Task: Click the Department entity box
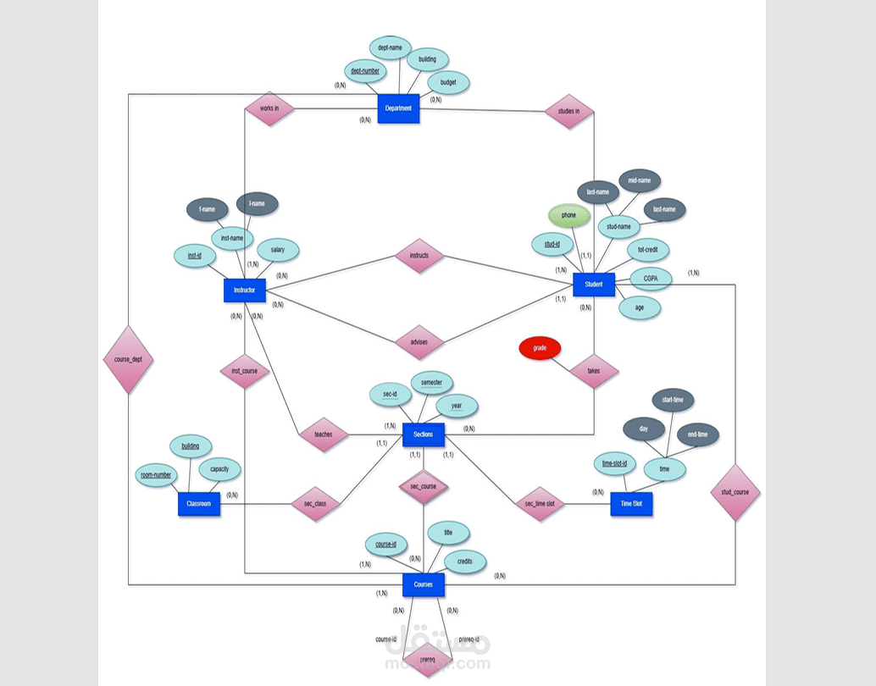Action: (x=398, y=108)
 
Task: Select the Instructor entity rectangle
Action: (x=245, y=290)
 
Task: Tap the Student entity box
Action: (x=594, y=285)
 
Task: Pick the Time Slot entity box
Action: (x=631, y=504)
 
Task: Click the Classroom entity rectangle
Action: (x=199, y=505)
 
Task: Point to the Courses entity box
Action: (x=423, y=584)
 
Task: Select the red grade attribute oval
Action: (x=540, y=349)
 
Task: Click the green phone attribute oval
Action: (x=568, y=216)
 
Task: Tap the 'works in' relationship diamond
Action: (x=269, y=108)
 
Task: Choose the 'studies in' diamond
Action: (x=568, y=111)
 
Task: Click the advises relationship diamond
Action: (x=419, y=343)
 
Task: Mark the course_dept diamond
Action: (x=128, y=359)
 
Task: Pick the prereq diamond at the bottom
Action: (x=426, y=658)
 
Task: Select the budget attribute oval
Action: (x=448, y=83)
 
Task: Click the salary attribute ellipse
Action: (x=278, y=250)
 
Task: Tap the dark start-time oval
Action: (x=674, y=400)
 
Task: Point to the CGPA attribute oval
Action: (x=651, y=278)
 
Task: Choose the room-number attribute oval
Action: (x=157, y=475)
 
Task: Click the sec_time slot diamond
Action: (x=540, y=504)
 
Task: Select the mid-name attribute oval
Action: (x=639, y=180)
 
